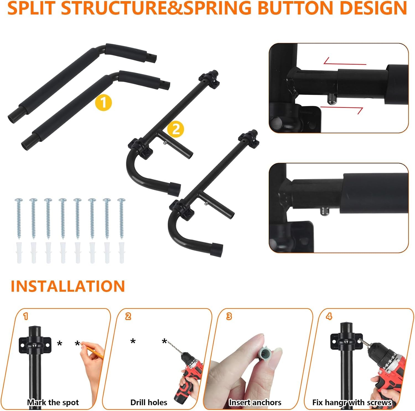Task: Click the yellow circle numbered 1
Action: click(x=103, y=103)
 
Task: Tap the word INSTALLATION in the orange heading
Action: click(x=68, y=286)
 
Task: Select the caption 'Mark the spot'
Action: click(x=53, y=402)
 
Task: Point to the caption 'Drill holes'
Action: click(x=149, y=402)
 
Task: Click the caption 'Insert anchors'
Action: click(x=255, y=402)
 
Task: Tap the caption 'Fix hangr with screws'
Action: click(x=352, y=402)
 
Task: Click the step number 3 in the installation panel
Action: click(x=229, y=316)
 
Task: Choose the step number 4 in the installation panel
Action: click(x=329, y=316)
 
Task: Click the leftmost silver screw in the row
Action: click(x=19, y=218)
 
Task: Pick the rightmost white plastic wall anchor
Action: click(x=121, y=252)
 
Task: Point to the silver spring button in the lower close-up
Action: click(x=324, y=211)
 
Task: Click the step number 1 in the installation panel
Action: click(x=26, y=316)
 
